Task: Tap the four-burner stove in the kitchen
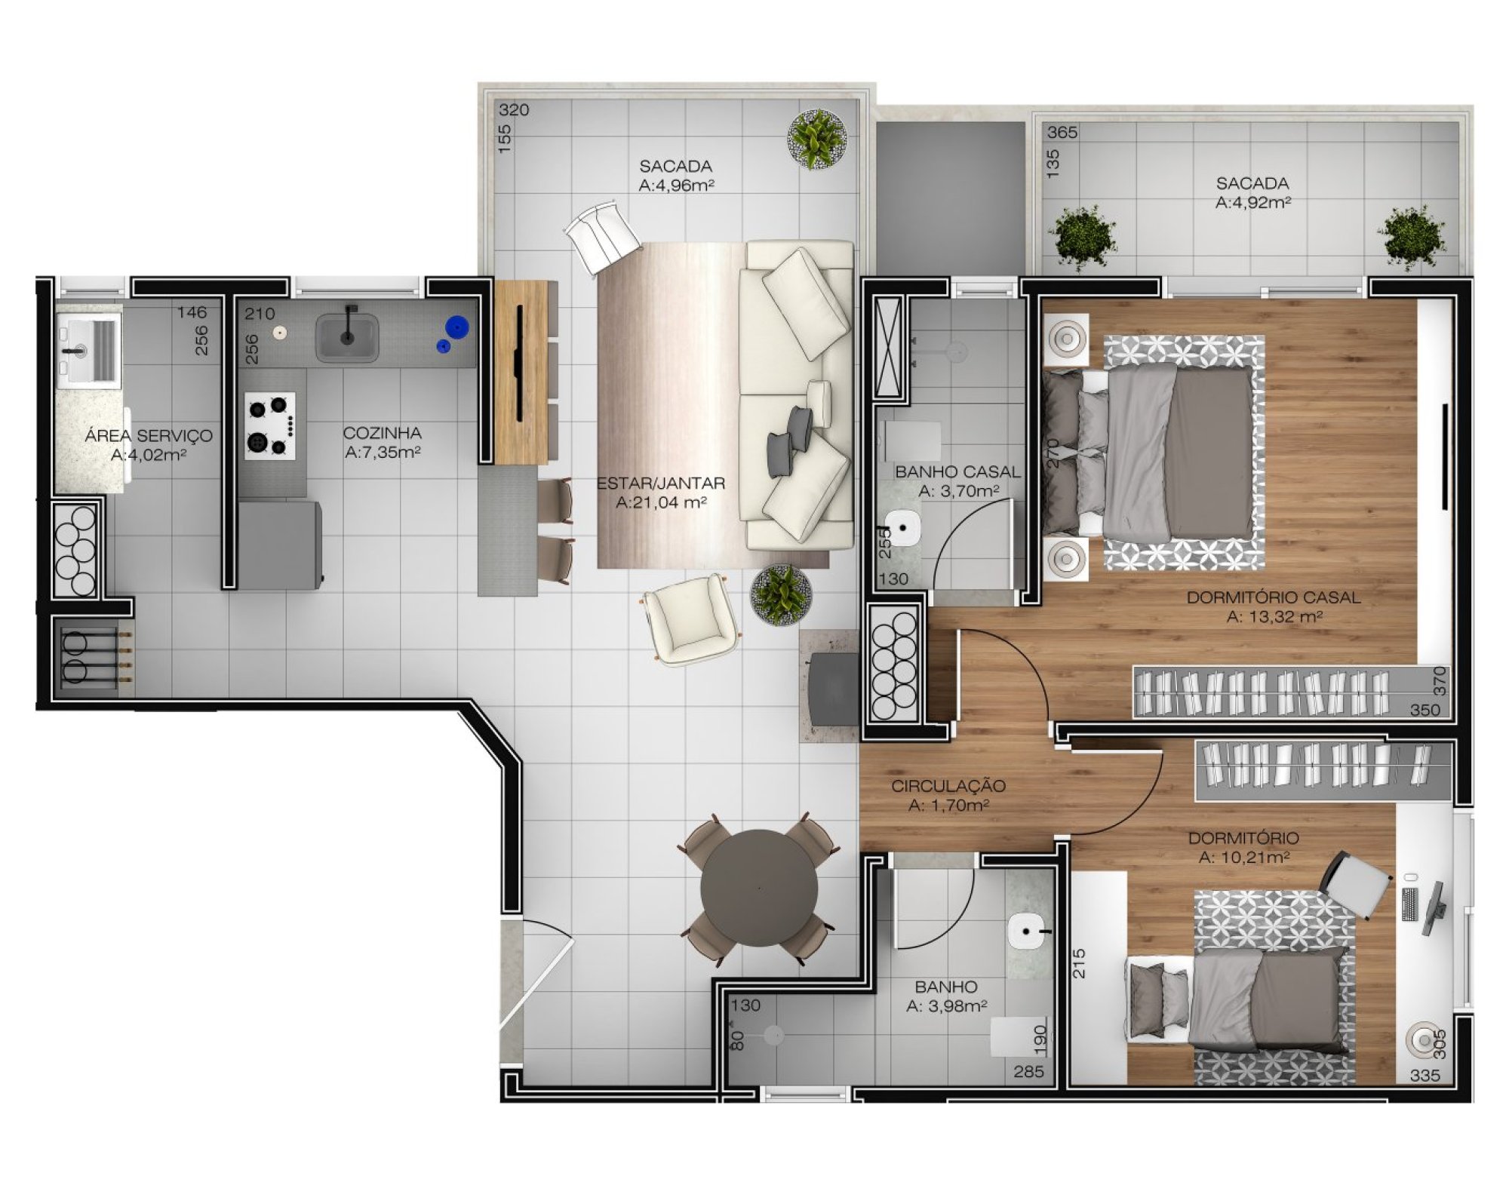pos(270,426)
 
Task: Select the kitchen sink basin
pos(347,339)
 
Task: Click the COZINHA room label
pos(383,434)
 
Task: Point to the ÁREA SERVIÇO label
pos(149,435)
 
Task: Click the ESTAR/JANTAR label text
pos(661,484)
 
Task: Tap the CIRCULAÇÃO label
pos(948,786)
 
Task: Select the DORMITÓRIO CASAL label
pos(1274,597)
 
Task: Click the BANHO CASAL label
pos(957,472)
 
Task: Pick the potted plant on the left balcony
pos(817,139)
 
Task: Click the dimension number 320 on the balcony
pos(514,110)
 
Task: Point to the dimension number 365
pos(1062,133)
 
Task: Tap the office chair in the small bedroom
pos(1356,883)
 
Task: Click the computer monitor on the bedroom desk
pos(1433,908)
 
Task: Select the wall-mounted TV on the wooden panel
pos(519,363)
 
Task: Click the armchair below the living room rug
pos(690,619)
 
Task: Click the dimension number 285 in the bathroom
pos(1029,1072)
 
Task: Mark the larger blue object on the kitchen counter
pos(456,327)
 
